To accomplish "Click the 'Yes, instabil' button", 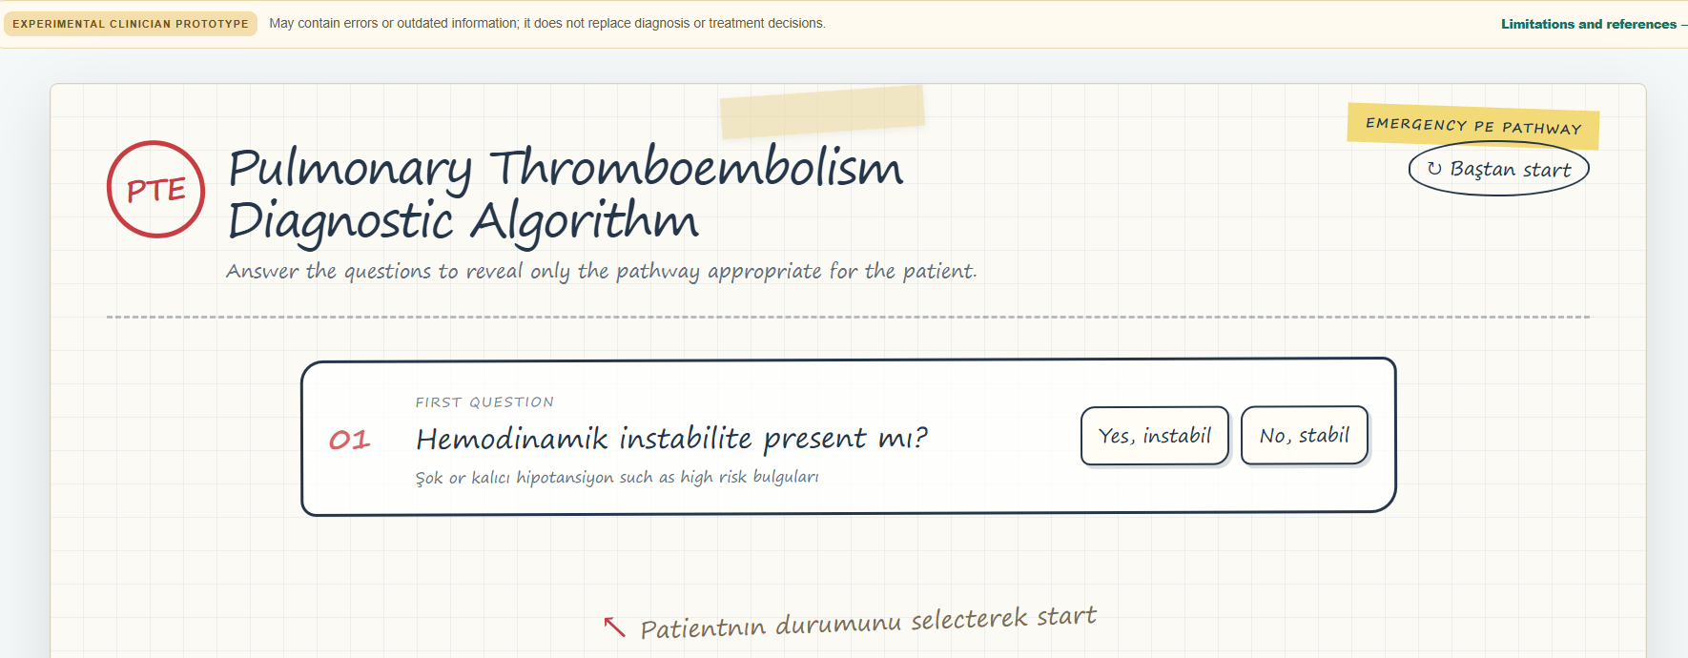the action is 1155,436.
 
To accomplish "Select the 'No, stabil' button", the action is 1305,436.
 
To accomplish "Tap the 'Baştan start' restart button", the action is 1498,169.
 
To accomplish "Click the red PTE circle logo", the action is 155,189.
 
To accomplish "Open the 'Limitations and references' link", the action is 1589,24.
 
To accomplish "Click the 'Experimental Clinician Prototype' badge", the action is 131,24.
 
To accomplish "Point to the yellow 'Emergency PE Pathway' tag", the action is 1473,126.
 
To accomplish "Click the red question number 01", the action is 349,440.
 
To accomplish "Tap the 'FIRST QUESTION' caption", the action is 484,402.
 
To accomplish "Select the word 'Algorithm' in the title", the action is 585,221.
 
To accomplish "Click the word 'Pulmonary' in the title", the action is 350,170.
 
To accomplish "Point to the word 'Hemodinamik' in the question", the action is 512,438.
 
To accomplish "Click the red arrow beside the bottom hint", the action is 614,627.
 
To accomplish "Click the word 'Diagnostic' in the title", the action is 340,221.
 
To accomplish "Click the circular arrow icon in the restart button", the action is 1434,169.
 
